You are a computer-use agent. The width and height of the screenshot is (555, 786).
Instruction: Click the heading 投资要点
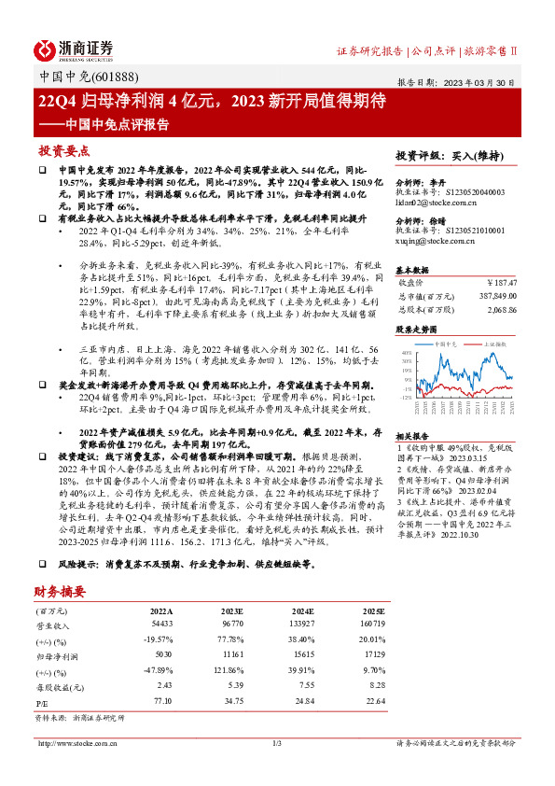pyautogui.click(x=64, y=150)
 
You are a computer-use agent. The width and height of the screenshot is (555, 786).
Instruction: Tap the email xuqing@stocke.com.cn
pyautogui.click(x=433, y=243)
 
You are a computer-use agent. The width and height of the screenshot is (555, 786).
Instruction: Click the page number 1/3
pyautogui.click(x=277, y=743)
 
